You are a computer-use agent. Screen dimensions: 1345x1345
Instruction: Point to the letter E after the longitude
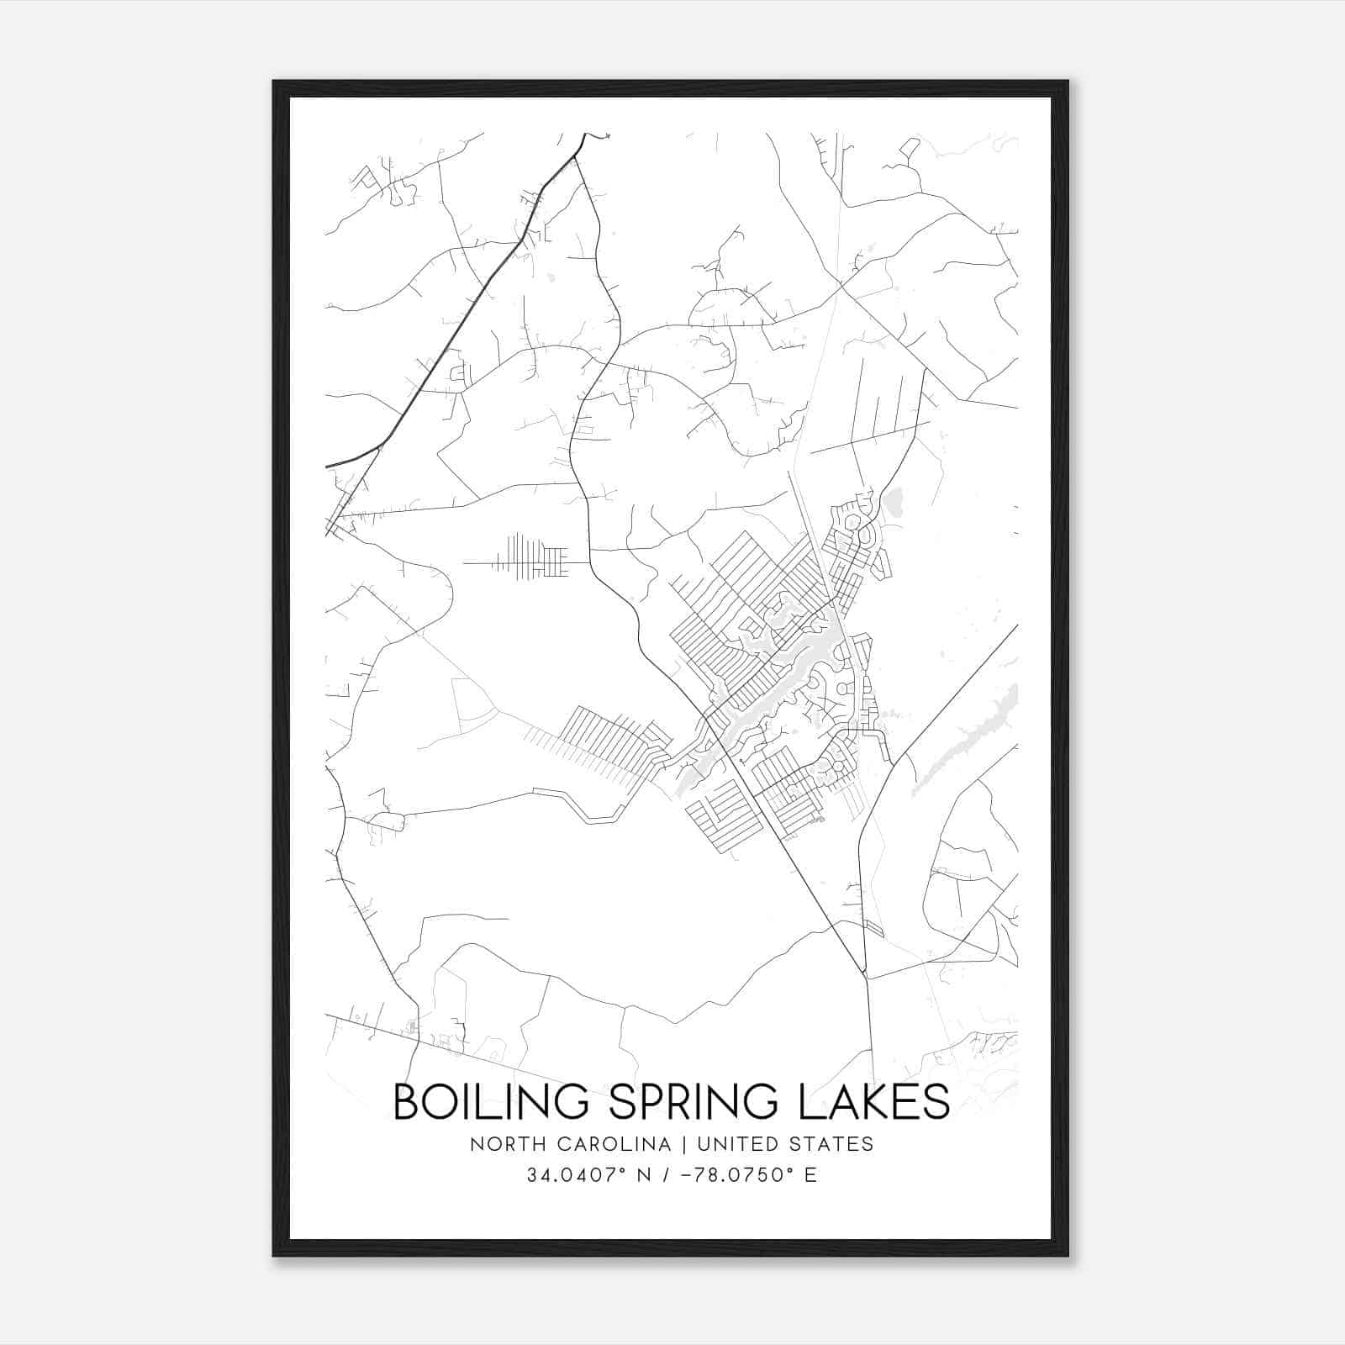pos(810,1175)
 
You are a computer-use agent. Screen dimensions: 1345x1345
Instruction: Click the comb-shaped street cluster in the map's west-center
pos(530,557)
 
